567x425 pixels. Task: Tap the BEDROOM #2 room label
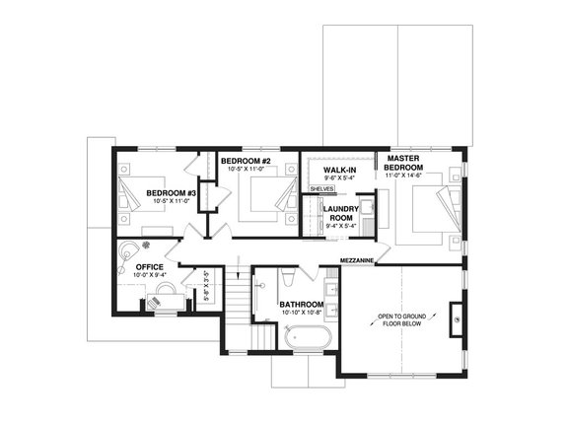246,161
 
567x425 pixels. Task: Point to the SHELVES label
321,188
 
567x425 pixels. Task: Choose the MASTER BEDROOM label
404,163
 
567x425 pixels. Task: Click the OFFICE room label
149,267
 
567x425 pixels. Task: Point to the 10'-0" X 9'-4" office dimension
149,276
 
